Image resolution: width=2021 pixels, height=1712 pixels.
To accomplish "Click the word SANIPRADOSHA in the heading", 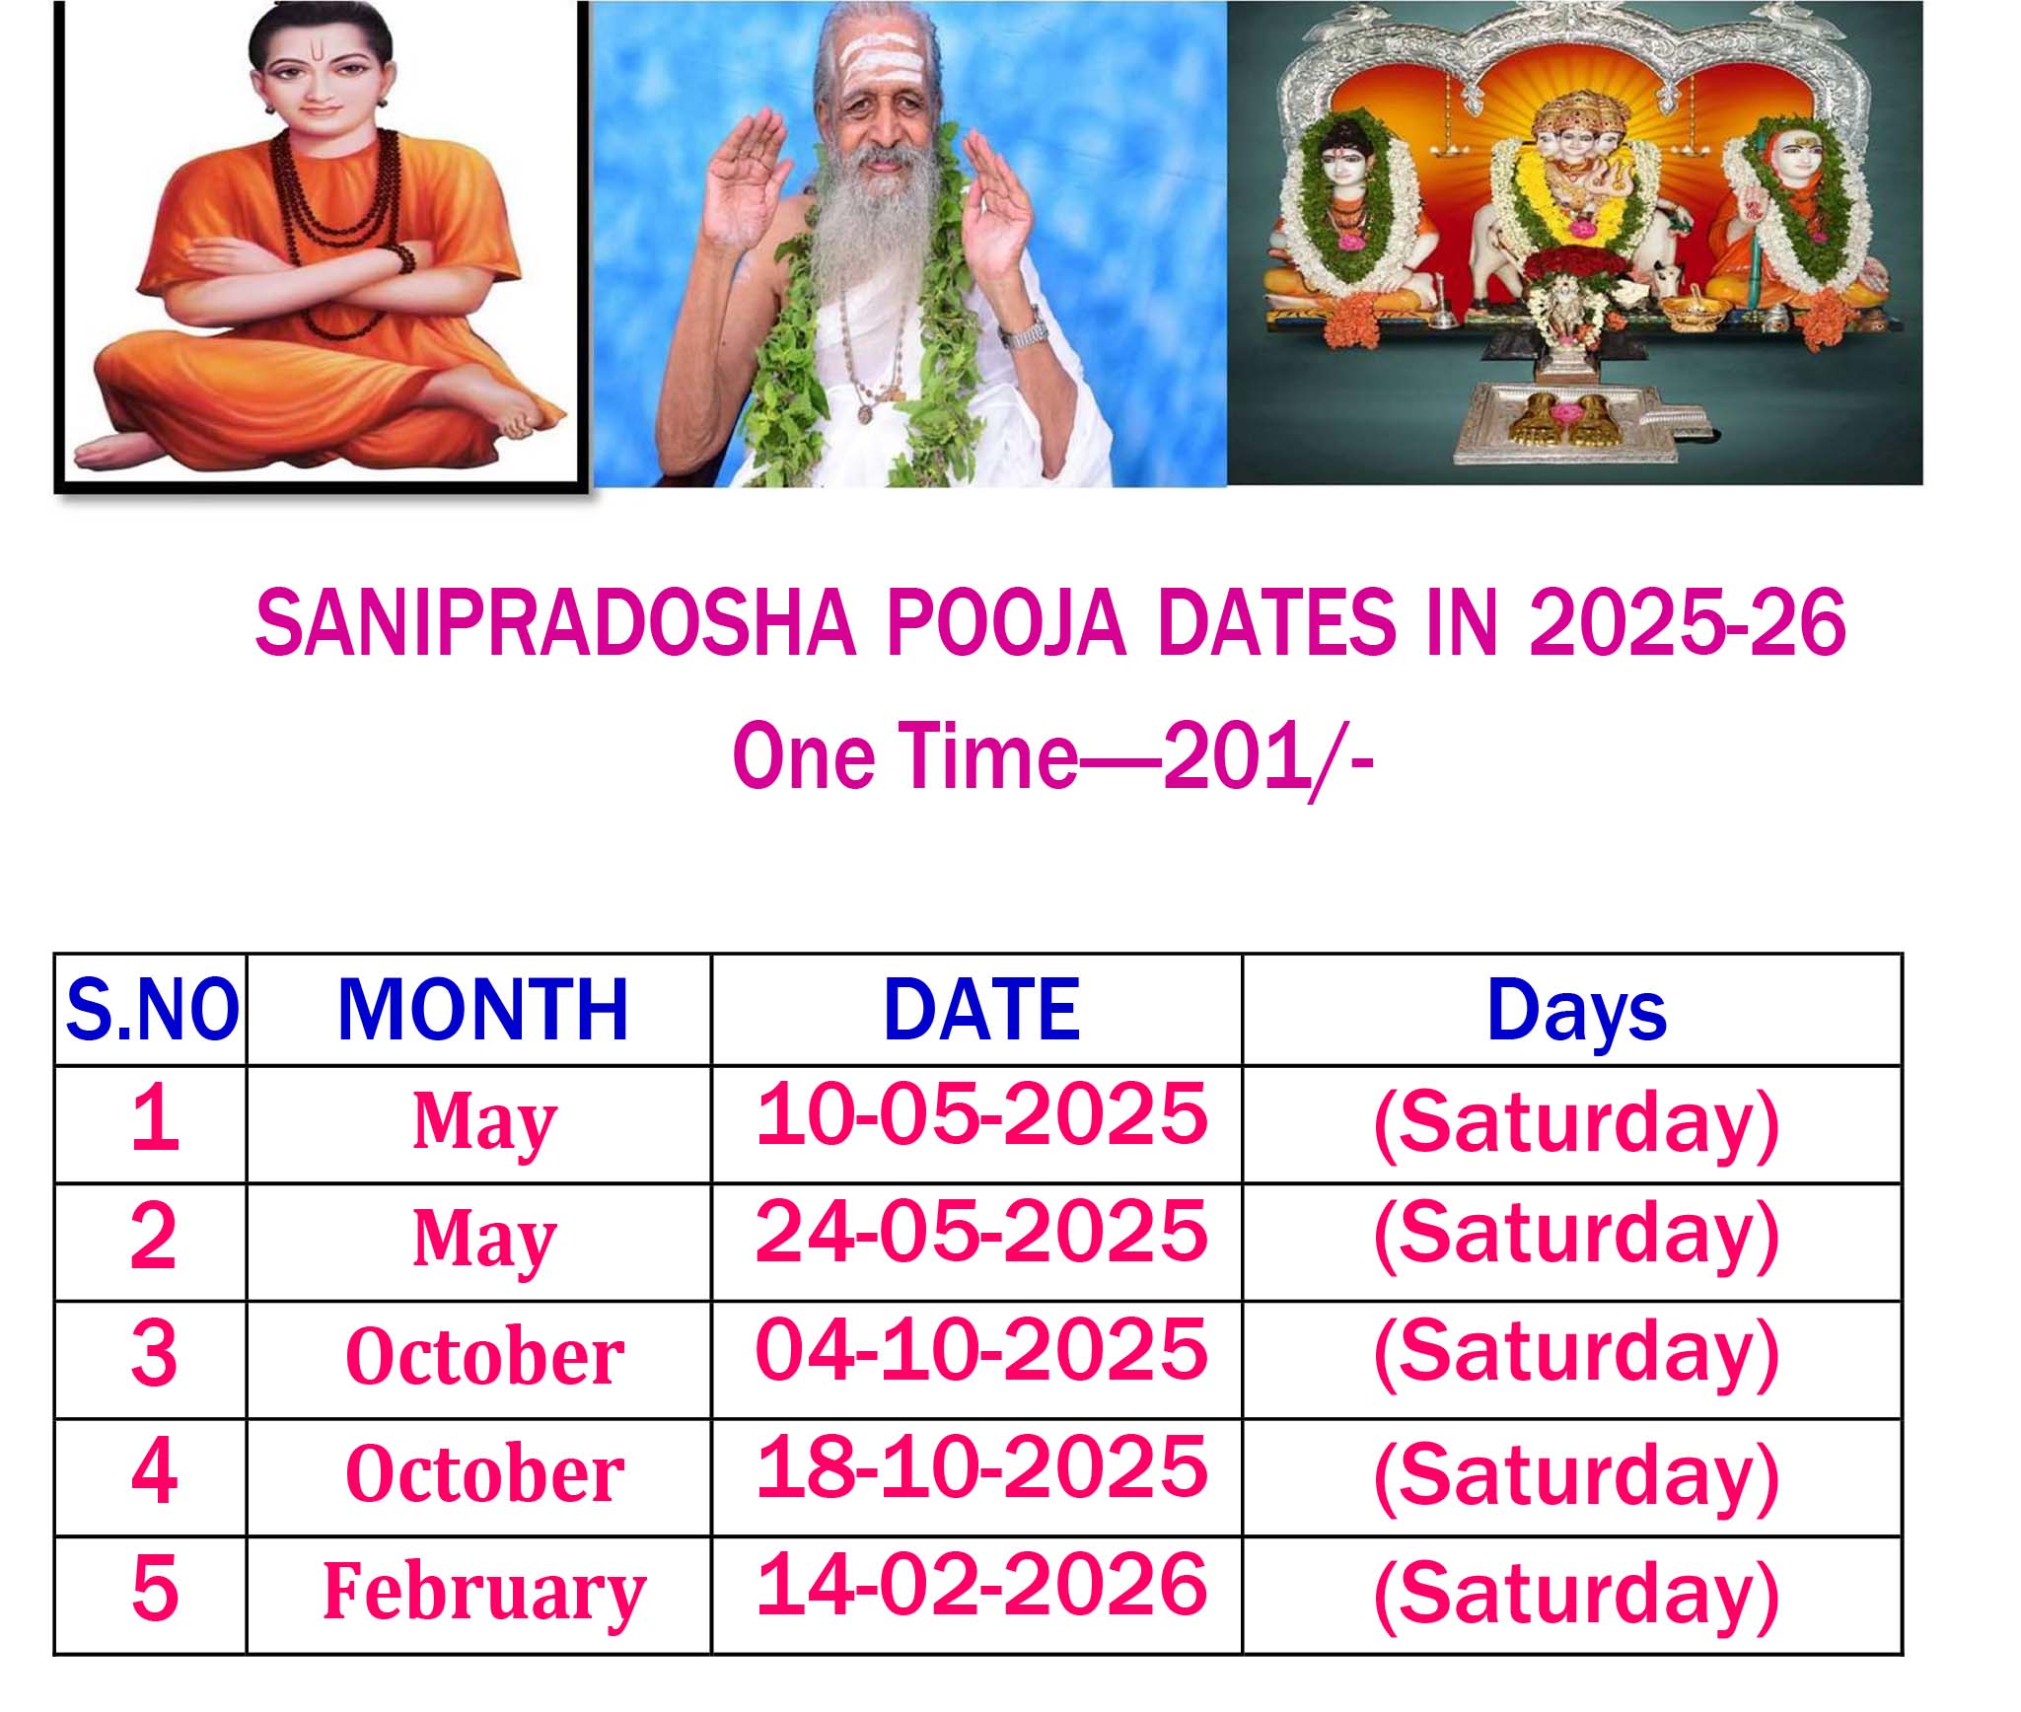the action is tap(554, 622).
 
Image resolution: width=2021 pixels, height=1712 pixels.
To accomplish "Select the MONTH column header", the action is tap(482, 1010).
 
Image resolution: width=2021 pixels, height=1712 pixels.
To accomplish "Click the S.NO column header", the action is tap(152, 1010).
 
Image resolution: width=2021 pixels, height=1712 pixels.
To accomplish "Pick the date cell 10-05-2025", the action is tap(981, 1113).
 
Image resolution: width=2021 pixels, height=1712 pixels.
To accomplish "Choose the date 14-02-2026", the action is tap(981, 1584).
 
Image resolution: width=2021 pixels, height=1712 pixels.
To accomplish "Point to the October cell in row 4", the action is tap(484, 1473).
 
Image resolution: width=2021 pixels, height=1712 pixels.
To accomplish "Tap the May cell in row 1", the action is tap(484, 1125).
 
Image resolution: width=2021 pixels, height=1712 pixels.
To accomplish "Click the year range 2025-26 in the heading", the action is tap(1687, 622).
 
